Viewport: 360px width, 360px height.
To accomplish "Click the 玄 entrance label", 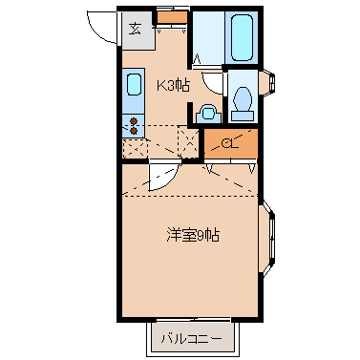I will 135,28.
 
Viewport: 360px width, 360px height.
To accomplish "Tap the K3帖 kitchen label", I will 173,84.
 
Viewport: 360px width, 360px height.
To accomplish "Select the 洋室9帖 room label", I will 193,236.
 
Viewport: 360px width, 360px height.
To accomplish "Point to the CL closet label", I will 229,144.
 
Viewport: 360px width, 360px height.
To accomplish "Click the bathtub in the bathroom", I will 241,38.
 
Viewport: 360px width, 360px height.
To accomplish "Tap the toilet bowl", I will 242,99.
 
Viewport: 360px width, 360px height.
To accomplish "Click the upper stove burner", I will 134,120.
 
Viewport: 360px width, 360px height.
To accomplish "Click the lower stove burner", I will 134,130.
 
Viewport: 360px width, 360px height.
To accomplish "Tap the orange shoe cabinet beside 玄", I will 172,16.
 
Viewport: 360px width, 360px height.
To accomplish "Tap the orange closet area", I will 229,143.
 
